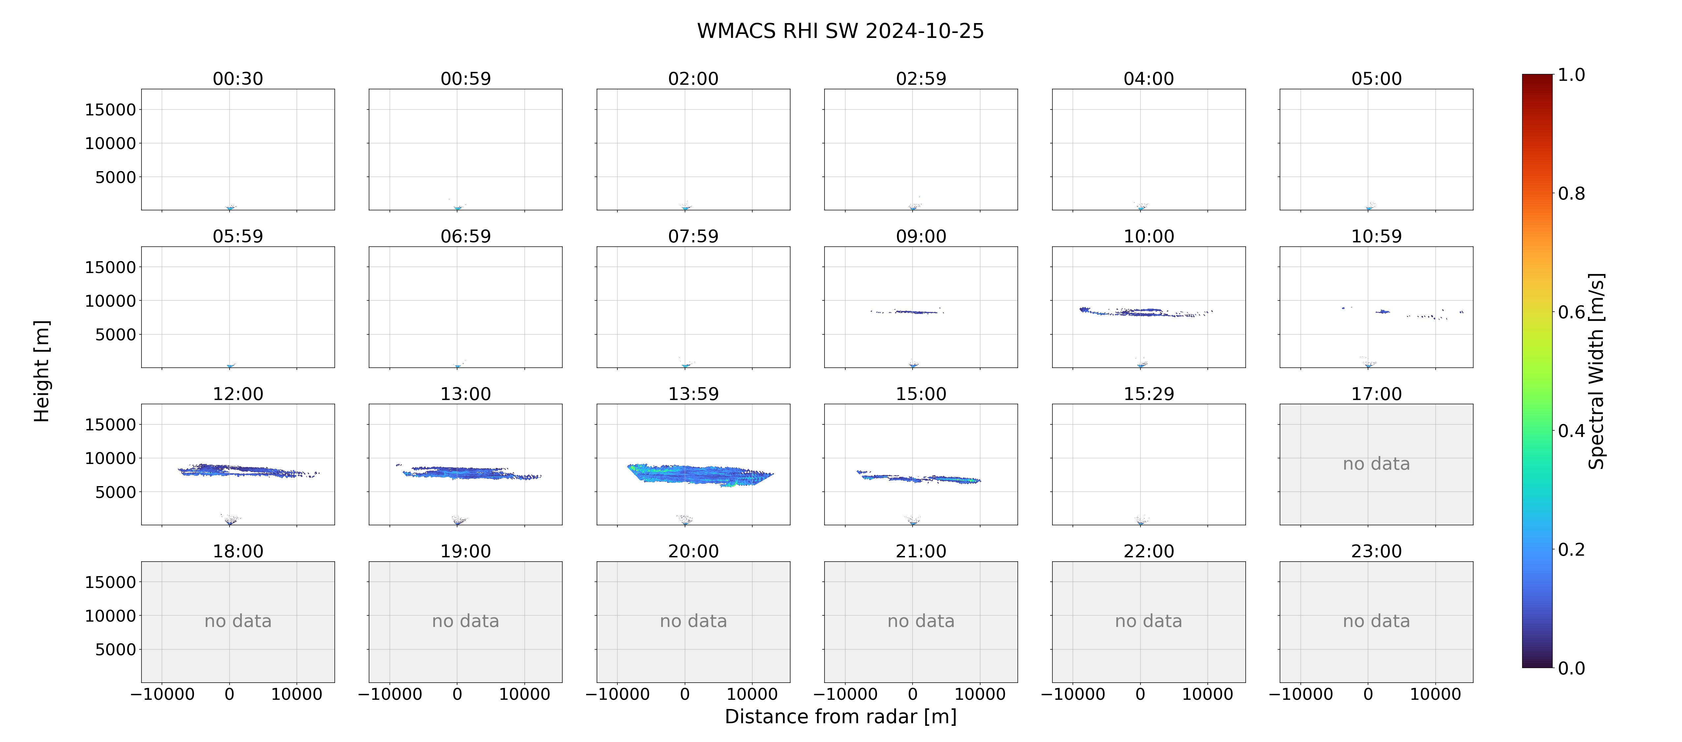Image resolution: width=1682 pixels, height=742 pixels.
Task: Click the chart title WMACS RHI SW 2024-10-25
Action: click(x=840, y=31)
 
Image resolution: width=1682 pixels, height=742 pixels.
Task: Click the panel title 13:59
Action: click(x=694, y=394)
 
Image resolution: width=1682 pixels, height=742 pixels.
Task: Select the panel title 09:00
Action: click(x=921, y=236)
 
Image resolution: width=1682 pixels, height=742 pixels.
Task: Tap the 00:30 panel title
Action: click(x=238, y=79)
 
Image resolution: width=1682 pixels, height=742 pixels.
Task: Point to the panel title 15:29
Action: click(x=1148, y=394)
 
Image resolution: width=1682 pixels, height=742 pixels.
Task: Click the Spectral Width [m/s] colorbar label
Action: click(x=1597, y=371)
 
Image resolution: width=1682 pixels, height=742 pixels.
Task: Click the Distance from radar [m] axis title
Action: click(x=840, y=717)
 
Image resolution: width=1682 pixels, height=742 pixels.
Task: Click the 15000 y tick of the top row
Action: click(x=110, y=110)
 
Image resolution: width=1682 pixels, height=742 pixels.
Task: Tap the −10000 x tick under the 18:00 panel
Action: click(x=163, y=694)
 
